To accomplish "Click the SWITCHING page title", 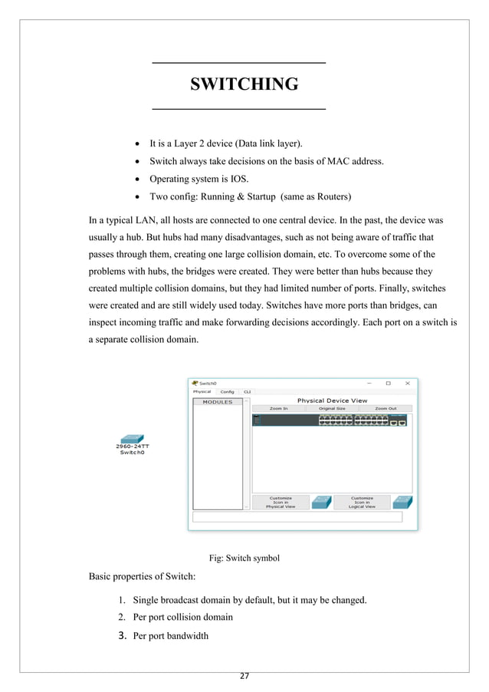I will tap(244, 84).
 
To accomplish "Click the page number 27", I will tap(244, 676).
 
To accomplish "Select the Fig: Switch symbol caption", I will tap(244, 558).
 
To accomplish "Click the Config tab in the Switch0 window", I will tap(227, 392).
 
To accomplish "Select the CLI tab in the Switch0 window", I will tap(247, 392).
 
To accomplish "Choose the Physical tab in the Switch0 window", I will tap(202, 392).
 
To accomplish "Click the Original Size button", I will tap(332, 408).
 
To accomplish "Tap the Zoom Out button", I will tap(386, 408).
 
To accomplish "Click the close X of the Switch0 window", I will tap(407, 383).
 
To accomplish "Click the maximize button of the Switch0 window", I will tap(388, 383).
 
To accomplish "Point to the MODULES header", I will tap(217, 401).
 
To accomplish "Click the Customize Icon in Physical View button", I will tap(280, 502).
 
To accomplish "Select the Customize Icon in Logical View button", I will tap(362, 502).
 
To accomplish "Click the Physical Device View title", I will tap(332, 400).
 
